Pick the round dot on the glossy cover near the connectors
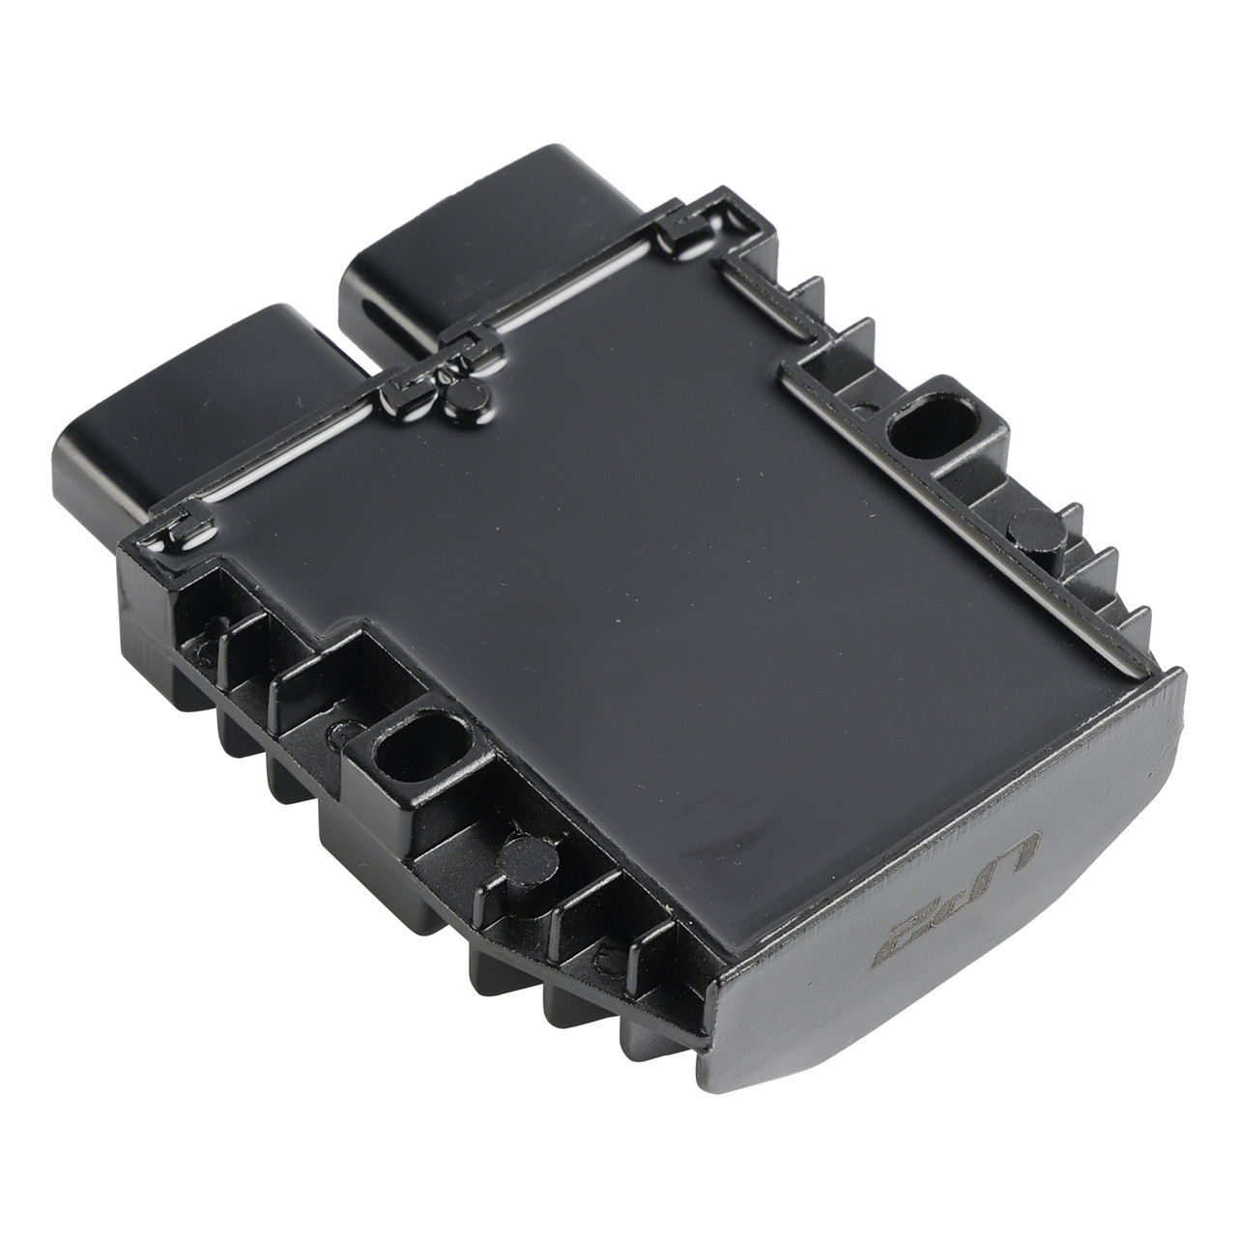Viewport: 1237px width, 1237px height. (469, 393)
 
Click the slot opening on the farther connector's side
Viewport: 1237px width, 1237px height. (372, 290)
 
